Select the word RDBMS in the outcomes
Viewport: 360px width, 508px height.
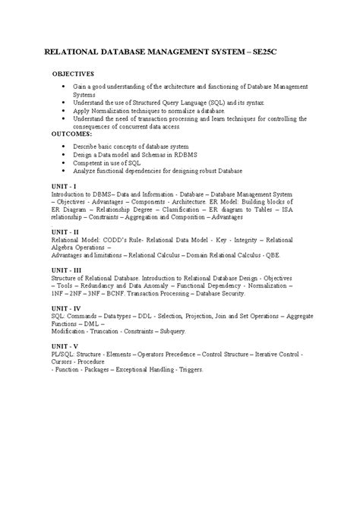195,153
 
